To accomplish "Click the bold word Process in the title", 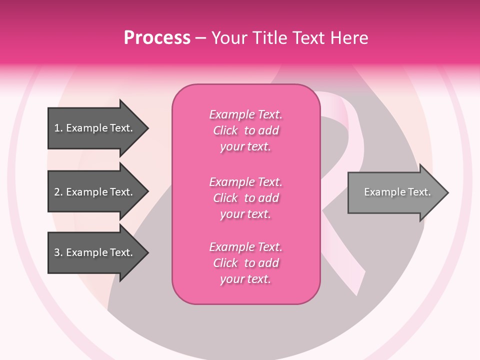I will click(x=157, y=38).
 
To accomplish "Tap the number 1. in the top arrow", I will click(x=58, y=128).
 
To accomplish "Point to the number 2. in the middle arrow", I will click(x=58, y=192).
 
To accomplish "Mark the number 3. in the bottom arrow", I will click(x=58, y=252).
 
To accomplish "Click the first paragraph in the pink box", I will click(x=245, y=130).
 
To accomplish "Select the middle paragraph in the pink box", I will click(x=245, y=198).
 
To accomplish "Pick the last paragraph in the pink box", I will click(x=245, y=263).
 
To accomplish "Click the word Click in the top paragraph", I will click(x=225, y=130).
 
